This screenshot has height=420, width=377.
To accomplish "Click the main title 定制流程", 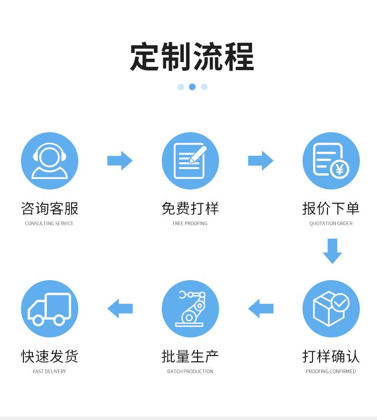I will pyautogui.click(x=192, y=57).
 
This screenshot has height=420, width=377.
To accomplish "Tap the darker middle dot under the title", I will pyautogui.click(x=192, y=87).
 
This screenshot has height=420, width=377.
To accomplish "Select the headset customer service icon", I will pyautogui.click(x=50, y=161).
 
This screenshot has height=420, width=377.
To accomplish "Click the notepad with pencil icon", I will pyautogui.click(x=190, y=161).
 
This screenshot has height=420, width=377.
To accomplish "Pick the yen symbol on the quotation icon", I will pyautogui.click(x=340, y=169).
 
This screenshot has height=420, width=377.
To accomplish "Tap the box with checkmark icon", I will pyautogui.click(x=331, y=309).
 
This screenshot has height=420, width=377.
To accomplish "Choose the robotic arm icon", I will pyautogui.click(x=190, y=309).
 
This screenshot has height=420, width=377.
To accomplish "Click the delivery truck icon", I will pyautogui.click(x=50, y=309).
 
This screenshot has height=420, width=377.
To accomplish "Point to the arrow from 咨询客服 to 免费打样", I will pyautogui.click(x=120, y=161).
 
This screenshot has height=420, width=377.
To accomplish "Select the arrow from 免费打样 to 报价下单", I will pyautogui.click(x=261, y=161).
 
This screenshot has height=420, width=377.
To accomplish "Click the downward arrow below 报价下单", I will pyautogui.click(x=332, y=251).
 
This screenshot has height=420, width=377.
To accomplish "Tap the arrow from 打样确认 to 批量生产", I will pyautogui.click(x=261, y=309).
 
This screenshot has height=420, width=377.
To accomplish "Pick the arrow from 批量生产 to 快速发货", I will pyautogui.click(x=120, y=309).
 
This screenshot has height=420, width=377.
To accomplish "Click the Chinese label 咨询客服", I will pyautogui.click(x=50, y=209).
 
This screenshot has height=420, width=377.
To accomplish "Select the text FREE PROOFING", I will pyautogui.click(x=190, y=223).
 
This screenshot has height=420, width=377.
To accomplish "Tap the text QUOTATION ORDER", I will pyautogui.click(x=331, y=223).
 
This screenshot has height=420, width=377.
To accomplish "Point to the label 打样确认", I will pyautogui.click(x=331, y=357).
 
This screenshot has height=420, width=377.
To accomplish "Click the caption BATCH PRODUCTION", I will pyautogui.click(x=190, y=371).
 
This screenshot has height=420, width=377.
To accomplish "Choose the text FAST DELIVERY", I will pyautogui.click(x=50, y=371).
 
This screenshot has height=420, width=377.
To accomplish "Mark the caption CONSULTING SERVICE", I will pyautogui.click(x=50, y=223).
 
